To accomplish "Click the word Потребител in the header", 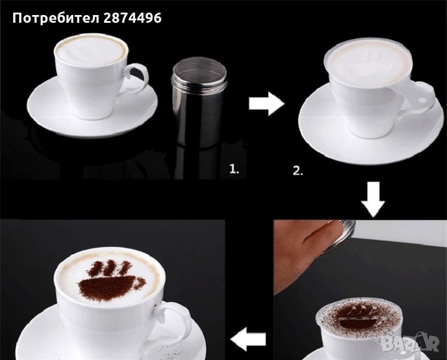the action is tap(56, 18).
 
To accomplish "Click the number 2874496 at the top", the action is tap(132, 18).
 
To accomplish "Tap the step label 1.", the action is tap(235, 170).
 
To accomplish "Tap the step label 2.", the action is tap(298, 171).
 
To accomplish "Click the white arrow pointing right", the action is tap(266, 104).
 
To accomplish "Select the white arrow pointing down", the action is tap(373, 199).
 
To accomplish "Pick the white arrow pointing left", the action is tap(248, 339).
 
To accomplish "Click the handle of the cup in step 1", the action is tap(136, 81).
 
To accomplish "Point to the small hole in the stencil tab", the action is tap(422, 100).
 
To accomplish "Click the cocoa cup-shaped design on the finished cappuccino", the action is tap(112, 281).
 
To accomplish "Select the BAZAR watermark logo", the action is tap(410, 342).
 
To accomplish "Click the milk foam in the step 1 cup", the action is tap(91, 51).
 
